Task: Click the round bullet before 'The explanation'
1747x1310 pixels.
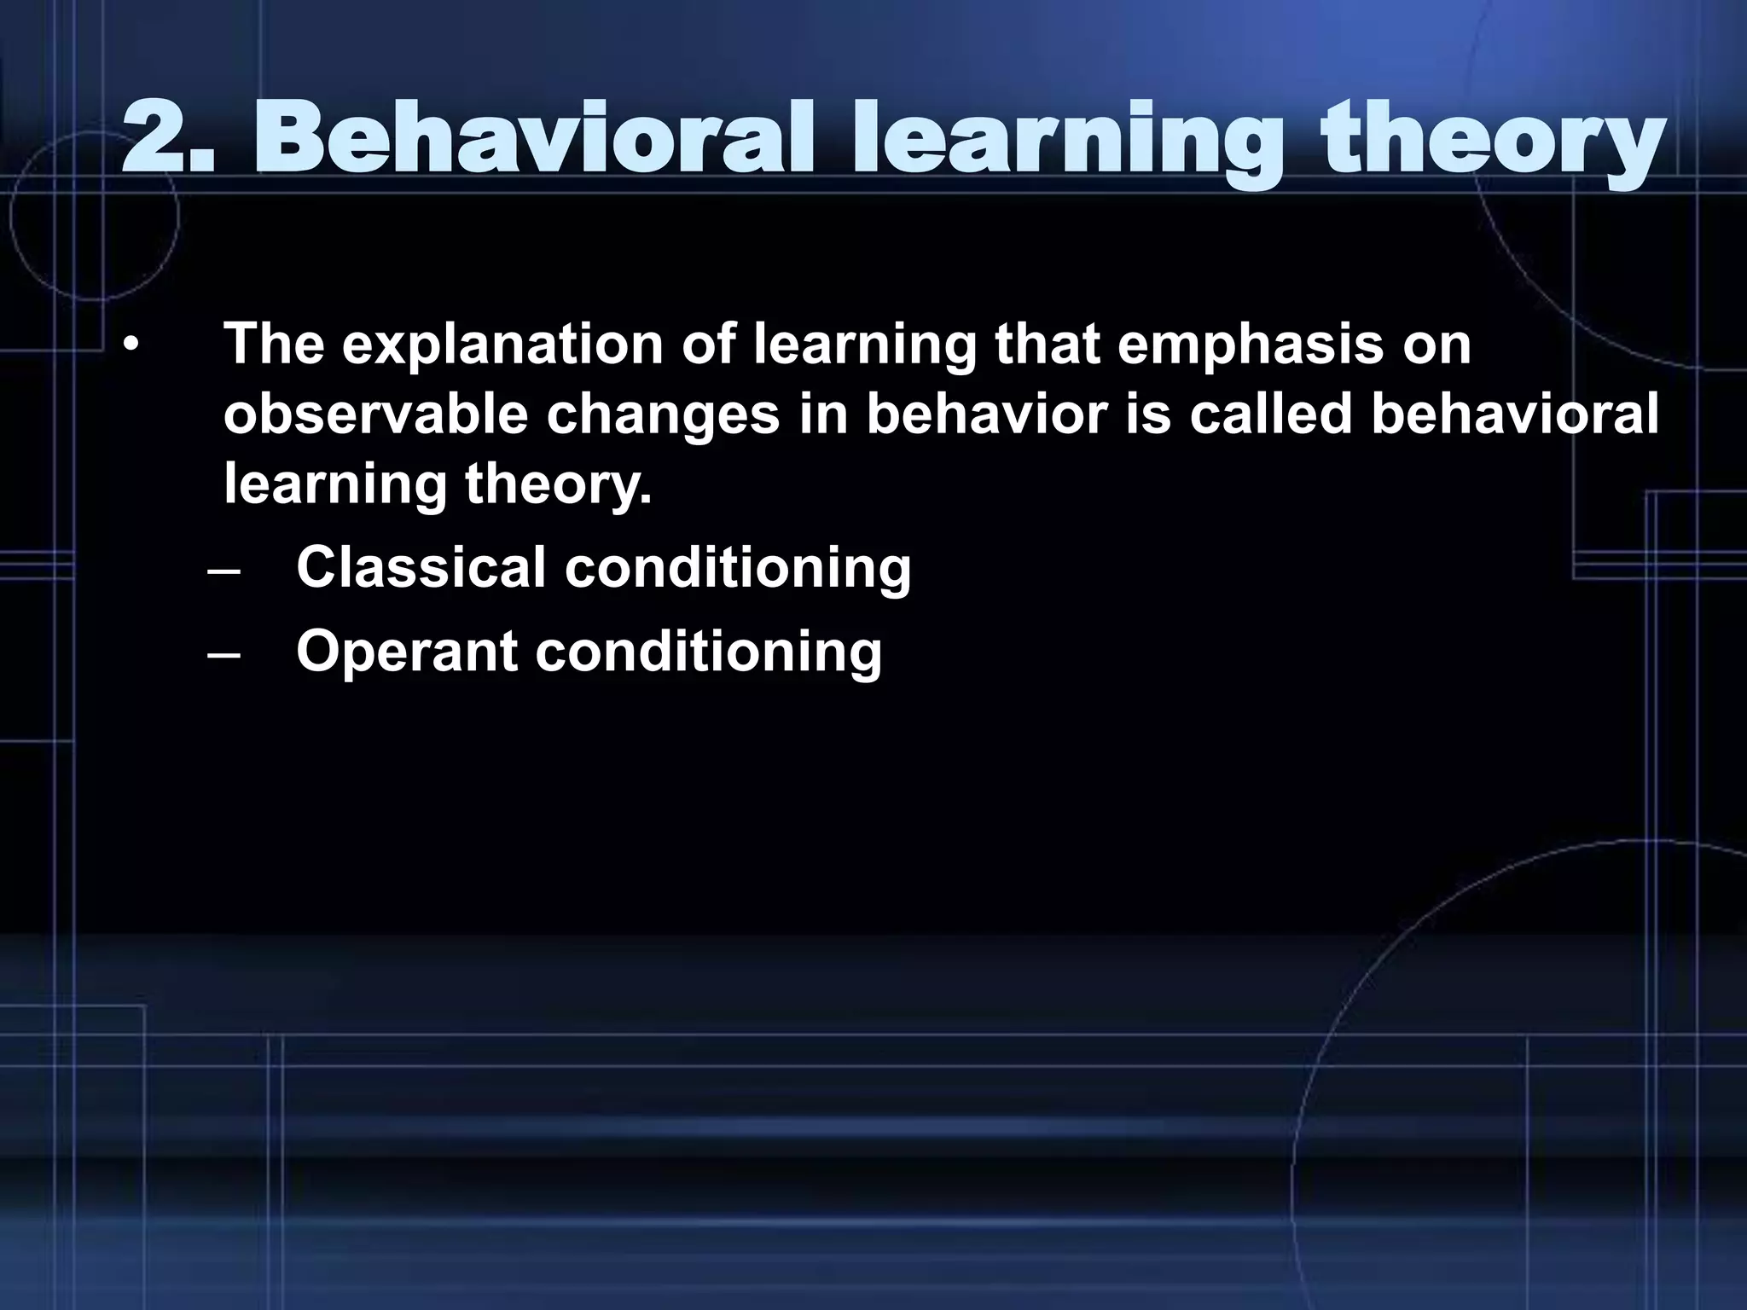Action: [x=130, y=346]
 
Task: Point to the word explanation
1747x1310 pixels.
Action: [x=502, y=345]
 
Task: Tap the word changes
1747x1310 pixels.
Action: [x=663, y=416]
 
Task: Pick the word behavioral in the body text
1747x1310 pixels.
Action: [x=1514, y=414]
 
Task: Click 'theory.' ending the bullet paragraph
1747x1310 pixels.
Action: [x=558, y=486]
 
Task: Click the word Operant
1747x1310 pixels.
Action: [x=407, y=653]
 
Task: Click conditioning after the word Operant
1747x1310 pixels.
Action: [x=708, y=653]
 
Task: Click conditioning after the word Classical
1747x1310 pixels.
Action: [x=738, y=569]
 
